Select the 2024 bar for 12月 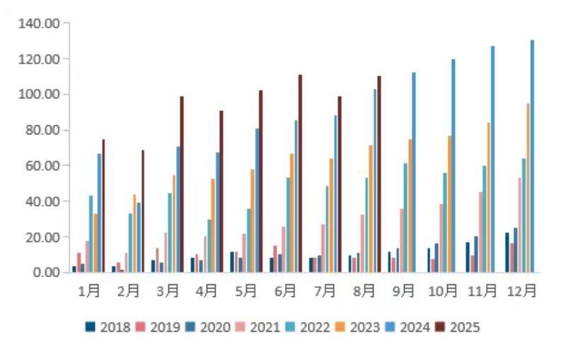click(532, 156)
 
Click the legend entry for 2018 click(106, 327)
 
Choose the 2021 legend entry click(256, 327)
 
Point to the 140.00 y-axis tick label click(40, 23)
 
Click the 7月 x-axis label click(326, 290)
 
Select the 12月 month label click(523, 290)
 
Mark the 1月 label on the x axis click(89, 290)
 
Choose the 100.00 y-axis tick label click(40, 94)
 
